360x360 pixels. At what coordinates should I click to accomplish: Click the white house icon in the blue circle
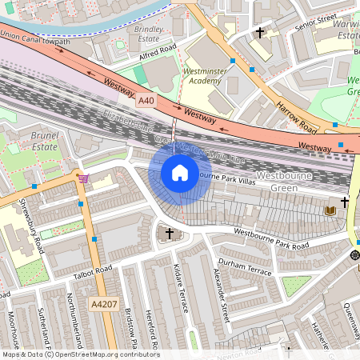pyautogui.click(x=180, y=172)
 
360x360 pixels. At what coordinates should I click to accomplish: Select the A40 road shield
pyautogui.click(x=146, y=101)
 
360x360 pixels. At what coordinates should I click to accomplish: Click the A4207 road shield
pyautogui.click(x=103, y=304)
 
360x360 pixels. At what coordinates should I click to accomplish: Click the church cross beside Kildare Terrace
pyautogui.click(x=168, y=234)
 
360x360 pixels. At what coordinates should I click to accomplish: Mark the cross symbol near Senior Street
pyautogui.click(x=260, y=34)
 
